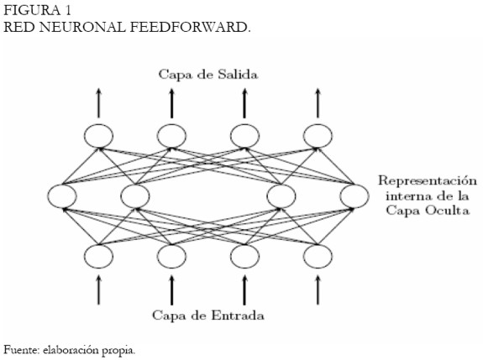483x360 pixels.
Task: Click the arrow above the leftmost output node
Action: tap(98, 103)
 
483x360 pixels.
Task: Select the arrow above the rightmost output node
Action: tap(318, 103)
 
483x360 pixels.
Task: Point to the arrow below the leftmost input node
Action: tap(98, 290)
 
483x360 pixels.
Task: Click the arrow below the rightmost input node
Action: tap(318, 290)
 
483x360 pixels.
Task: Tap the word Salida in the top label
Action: tap(238, 75)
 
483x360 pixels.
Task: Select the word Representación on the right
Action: tap(428, 181)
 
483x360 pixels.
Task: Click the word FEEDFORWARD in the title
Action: tap(190, 27)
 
